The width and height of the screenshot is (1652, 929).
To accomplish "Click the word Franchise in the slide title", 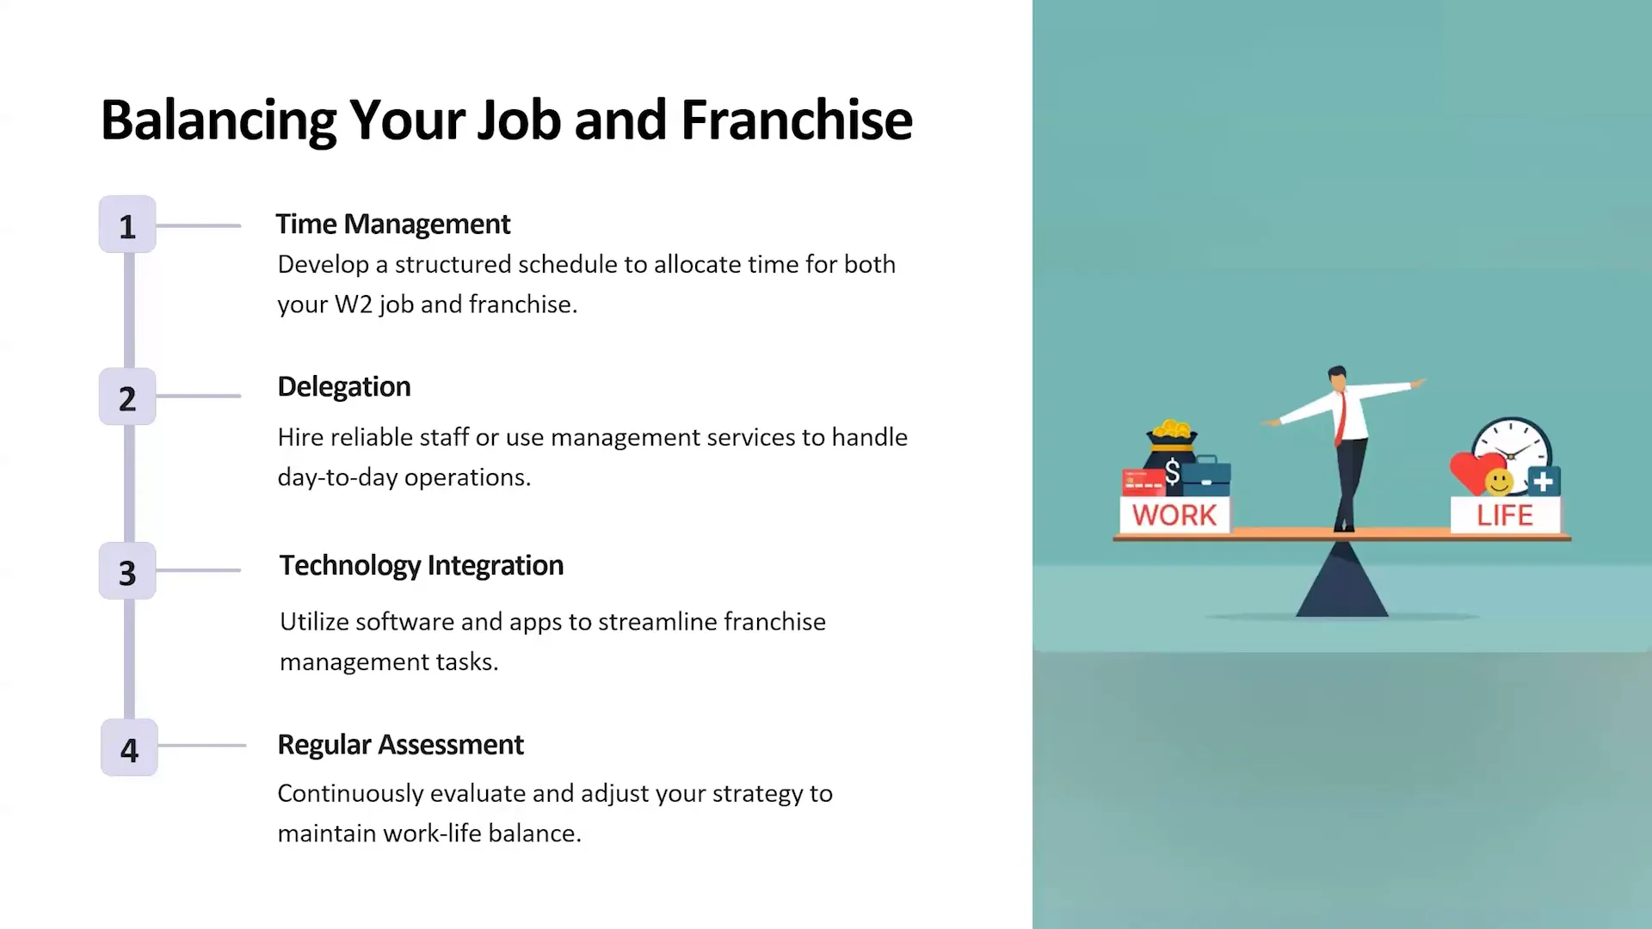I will (796, 120).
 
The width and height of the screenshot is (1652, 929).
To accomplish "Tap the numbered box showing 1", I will (127, 225).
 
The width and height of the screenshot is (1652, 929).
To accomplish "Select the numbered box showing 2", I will (127, 397).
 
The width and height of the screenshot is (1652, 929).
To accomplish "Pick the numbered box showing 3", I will (127, 571).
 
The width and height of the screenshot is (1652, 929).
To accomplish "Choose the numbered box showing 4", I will (129, 748).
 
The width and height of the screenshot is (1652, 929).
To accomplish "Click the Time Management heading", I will (392, 224).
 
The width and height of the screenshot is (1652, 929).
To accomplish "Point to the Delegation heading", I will (343, 387).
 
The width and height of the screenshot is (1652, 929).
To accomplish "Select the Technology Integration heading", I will (421, 565).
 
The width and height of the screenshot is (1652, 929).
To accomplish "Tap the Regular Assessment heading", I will (400, 744).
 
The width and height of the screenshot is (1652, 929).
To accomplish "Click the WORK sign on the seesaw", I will (1174, 515).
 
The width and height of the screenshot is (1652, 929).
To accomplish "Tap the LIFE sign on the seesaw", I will (1505, 515).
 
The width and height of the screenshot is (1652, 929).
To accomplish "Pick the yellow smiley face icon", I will (1499, 483).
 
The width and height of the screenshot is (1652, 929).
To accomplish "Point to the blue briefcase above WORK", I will (1207, 477).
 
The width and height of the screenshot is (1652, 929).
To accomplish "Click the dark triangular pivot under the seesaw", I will (1341, 585).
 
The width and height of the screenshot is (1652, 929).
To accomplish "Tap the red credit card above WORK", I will (1143, 482).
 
